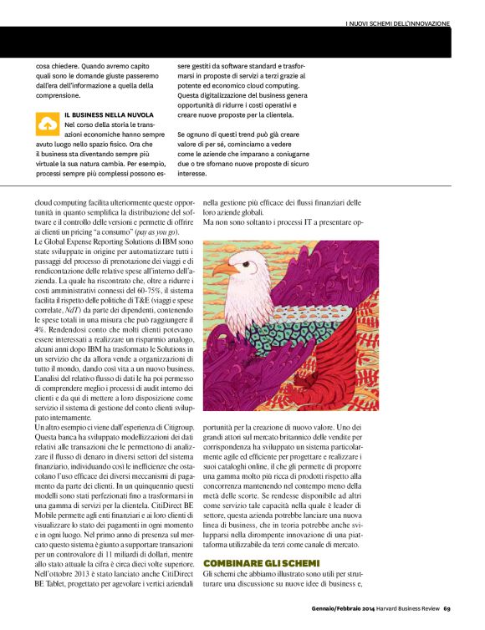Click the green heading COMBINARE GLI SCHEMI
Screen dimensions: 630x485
click(250, 564)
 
